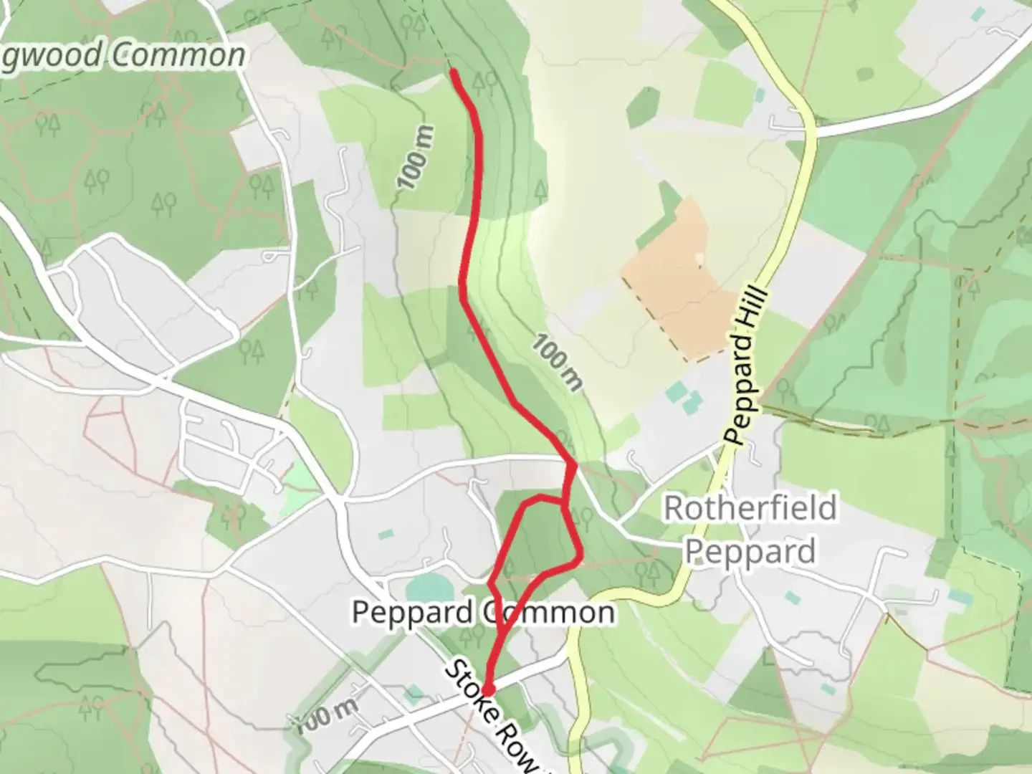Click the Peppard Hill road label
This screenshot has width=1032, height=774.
[x=746, y=366]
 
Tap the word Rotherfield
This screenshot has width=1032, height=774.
[x=750, y=508]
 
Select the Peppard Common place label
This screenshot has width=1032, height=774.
[x=483, y=612]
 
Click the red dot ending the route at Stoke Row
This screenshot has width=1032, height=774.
[x=488, y=689]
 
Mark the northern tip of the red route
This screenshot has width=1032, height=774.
[x=453, y=71]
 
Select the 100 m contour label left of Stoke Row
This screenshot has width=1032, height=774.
[x=326, y=714]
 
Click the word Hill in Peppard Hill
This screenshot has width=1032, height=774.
[x=758, y=315]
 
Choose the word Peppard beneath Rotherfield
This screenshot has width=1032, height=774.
[x=750, y=551]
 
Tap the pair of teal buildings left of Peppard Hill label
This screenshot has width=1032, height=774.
[x=681, y=398]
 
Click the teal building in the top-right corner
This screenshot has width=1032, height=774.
[x=978, y=14]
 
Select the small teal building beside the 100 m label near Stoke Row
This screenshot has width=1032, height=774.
[x=413, y=693]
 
